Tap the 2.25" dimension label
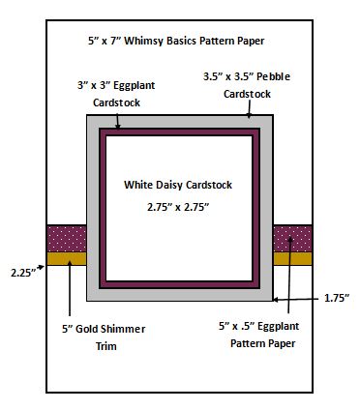click(x=22, y=273)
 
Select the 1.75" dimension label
click(x=337, y=298)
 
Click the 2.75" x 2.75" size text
click(x=178, y=207)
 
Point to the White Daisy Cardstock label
click(x=178, y=185)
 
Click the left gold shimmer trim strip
click(x=67, y=258)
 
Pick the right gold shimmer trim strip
click(x=292, y=258)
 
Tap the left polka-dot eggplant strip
click(x=67, y=239)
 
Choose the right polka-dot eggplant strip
click(x=292, y=239)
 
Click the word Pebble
click(x=274, y=76)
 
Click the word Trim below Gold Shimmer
click(x=106, y=346)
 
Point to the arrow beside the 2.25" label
click(x=41, y=267)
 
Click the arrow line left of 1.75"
click(x=297, y=300)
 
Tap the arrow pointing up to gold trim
click(x=70, y=288)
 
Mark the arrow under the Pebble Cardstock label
click(x=249, y=109)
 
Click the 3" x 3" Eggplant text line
click(x=116, y=85)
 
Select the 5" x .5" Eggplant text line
click(x=259, y=326)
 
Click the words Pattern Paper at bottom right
click(x=263, y=343)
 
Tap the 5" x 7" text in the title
click(x=105, y=42)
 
